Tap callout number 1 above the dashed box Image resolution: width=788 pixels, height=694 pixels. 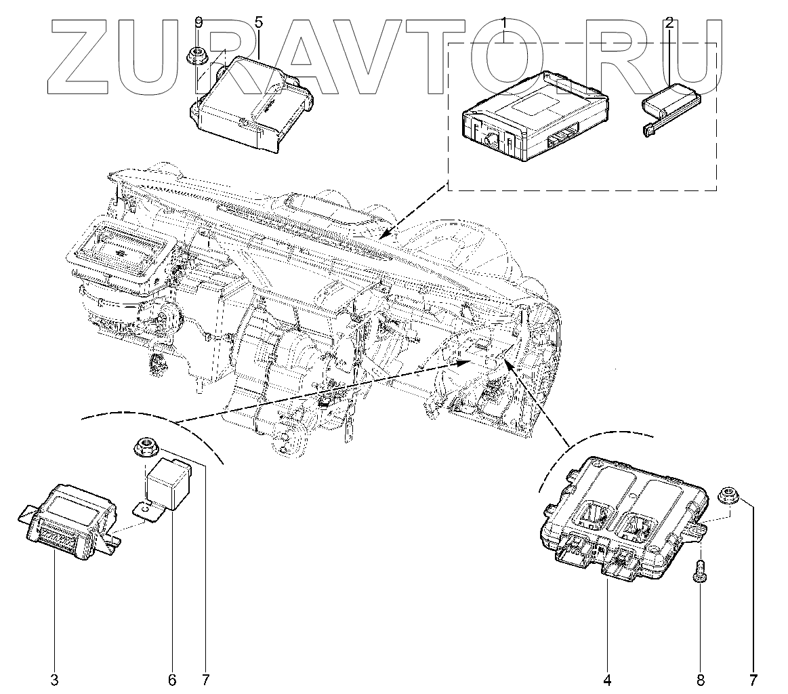(x=505, y=23)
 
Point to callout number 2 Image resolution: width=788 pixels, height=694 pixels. (x=669, y=23)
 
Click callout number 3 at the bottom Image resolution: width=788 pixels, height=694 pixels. (x=55, y=679)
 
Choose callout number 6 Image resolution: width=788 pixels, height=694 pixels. (x=171, y=679)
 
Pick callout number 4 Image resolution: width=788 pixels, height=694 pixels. (x=607, y=679)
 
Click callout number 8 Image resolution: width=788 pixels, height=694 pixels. (x=701, y=679)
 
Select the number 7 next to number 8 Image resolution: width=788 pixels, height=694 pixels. (x=753, y=679)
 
